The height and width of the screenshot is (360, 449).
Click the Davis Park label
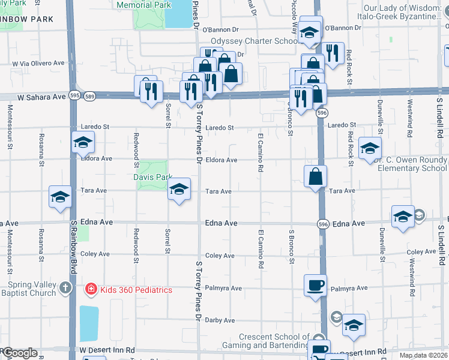click(x=152, y=177)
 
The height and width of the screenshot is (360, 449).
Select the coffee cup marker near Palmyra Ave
click(x=315, y=284)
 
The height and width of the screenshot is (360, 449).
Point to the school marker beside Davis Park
click(x=179, y=190)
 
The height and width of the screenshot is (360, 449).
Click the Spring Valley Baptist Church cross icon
click(x=67, y=289)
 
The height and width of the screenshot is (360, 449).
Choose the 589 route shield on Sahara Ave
click(x=89, y=96)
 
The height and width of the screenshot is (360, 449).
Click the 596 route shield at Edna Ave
click(x=323, y=224)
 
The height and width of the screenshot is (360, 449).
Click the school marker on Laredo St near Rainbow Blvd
click(x=83, y=142)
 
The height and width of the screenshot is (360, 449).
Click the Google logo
click(x=20, y=353)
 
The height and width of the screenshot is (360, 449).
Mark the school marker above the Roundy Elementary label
click(x=370, y=148)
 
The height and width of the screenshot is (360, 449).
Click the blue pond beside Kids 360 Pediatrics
click(x=88, y=323)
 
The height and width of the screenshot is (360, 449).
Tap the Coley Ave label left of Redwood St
click(x=95, y=254)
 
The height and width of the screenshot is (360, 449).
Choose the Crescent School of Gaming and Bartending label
click(x=274, y=341)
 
